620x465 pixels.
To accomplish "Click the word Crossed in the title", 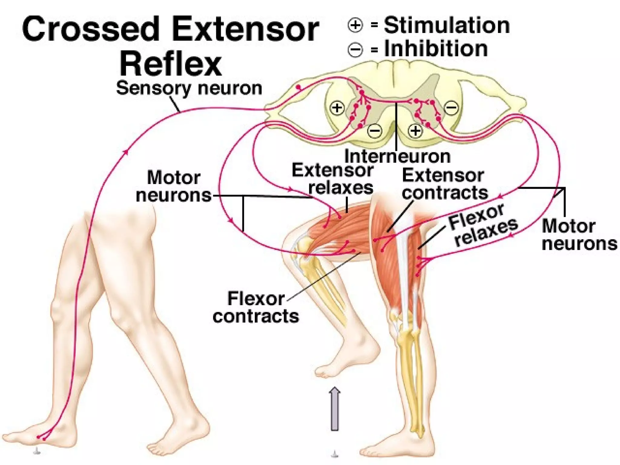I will click(x=91, y=29).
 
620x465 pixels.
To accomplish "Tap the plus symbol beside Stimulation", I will click(x=355, y=25).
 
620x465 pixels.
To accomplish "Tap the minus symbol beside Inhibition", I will click(x=355, y=49).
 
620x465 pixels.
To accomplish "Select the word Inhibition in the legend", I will click(x=436, y=49).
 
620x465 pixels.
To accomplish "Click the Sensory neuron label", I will click(x=189, y=88).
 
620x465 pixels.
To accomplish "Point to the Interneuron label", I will click(x=397, y=157).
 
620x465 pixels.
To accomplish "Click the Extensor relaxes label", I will click(x=333, y=179).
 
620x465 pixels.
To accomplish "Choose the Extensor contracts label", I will click(x=444, y=184).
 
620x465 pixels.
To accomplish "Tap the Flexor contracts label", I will click(x=256, y=308).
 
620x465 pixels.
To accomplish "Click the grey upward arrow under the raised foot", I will click(x=335, y=409).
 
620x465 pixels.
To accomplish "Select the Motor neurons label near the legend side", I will click(x=579, y=235).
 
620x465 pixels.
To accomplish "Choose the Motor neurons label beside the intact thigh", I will click(x=173, y=186).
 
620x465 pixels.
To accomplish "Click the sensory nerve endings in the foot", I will click(x=41, y=437).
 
